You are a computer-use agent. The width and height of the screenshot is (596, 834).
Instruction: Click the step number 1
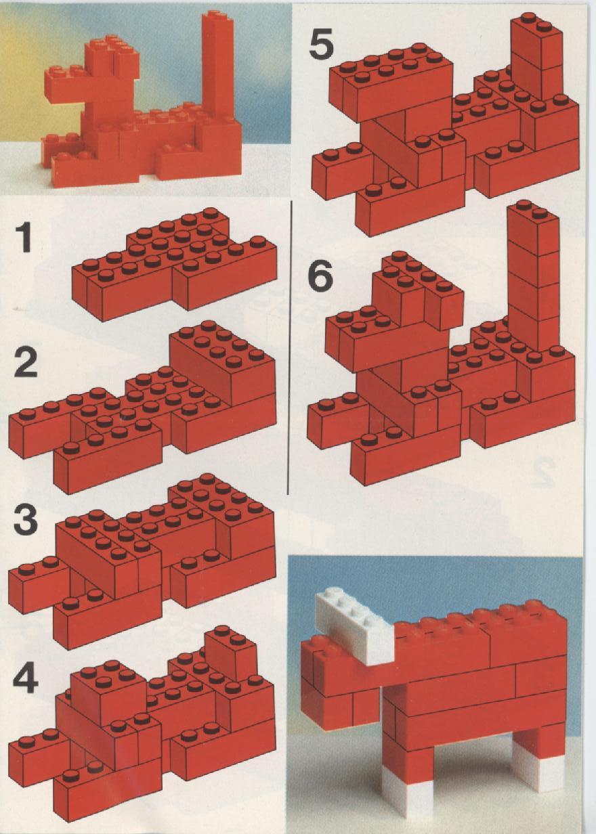click(x=25, y=238)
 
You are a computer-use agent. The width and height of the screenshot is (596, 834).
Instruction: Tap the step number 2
click(x=24, y=362)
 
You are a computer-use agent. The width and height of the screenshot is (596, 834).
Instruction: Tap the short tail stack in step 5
click(x=536, y=56)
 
